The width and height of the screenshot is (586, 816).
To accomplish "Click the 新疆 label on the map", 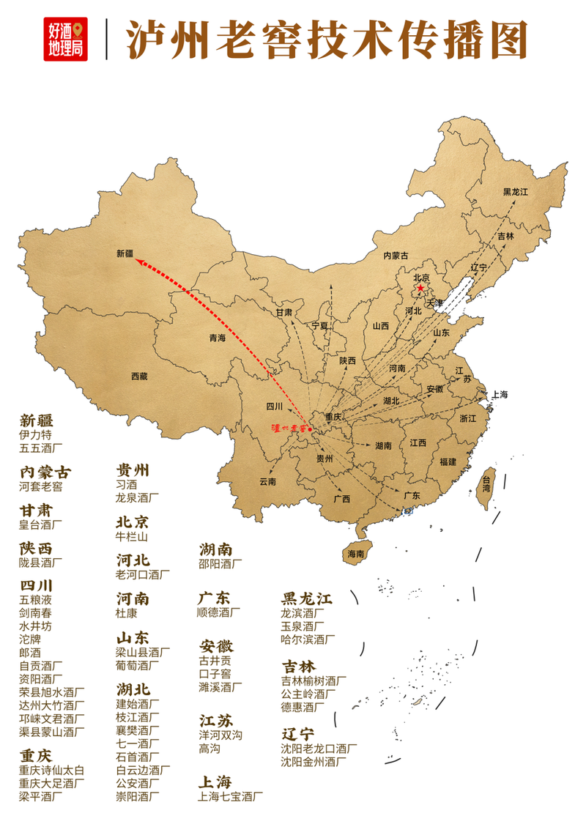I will coord(126,253).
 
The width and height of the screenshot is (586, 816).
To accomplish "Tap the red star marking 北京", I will coord(420,289).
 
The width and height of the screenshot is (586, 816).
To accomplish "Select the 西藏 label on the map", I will coord(139,376).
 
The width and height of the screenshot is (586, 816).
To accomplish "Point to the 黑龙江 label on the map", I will coord(515,192).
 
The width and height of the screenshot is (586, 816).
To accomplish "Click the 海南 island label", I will coord(356,554).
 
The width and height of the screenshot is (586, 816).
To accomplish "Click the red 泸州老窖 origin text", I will coord(289,427).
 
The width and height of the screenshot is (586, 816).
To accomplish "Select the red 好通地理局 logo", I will coord(65,39).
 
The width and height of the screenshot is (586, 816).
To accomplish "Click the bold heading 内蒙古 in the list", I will coord(45,472).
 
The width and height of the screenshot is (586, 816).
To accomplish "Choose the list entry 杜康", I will coord(127,613).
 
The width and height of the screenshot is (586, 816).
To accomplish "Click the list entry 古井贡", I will coord(215,660).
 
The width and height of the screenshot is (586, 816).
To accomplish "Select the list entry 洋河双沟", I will coord(220,735).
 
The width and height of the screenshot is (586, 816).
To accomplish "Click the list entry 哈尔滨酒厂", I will coord(308,639).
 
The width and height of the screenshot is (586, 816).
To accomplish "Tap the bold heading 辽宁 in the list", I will coord(299,733).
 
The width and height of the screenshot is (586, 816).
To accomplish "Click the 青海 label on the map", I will coord(217,338).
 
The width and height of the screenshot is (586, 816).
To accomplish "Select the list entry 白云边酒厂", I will coord(144,770).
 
